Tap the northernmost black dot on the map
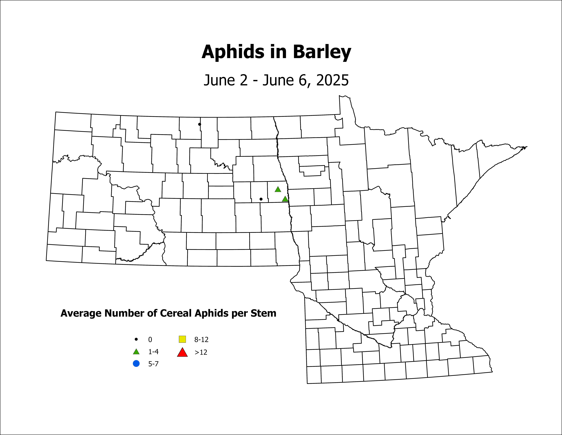click(x=199, y=124)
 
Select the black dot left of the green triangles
click(x=261, y=199)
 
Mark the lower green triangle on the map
click(x=285, y=199)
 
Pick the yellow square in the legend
click(x=182, y=339)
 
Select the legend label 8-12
click(x=201, y=340)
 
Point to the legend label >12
click(x=201, y=352)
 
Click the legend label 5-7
click(x=153, y=364)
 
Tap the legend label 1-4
click(x=153, y=352)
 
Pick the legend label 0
click(x=150, y=340)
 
